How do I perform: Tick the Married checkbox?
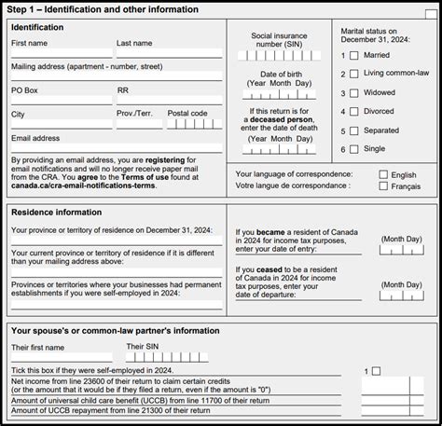(x=353, y=55)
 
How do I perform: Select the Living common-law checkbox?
(x=353, y=74)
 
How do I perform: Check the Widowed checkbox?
(x=353, y=93)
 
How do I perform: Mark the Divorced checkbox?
(x=353, y=112)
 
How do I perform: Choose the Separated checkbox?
(x=353, y=131)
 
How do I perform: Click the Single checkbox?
(x=353, y=149)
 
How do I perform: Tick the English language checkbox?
(x=383, y=174)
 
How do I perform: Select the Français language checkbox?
(x=383, y=186)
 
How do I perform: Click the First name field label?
(x=29, y=43)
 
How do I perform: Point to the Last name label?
(x=135, y=43)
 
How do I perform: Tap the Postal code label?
(x=187, y=114)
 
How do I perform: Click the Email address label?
(x=35, y=138)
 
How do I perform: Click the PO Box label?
(x=25, y=90)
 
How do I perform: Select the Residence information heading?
(x=56, y=212)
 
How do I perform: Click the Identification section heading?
(x=37, y=27)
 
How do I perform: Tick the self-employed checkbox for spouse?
(x=377, y=371)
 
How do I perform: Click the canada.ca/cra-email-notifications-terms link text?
(x=84, y=186)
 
